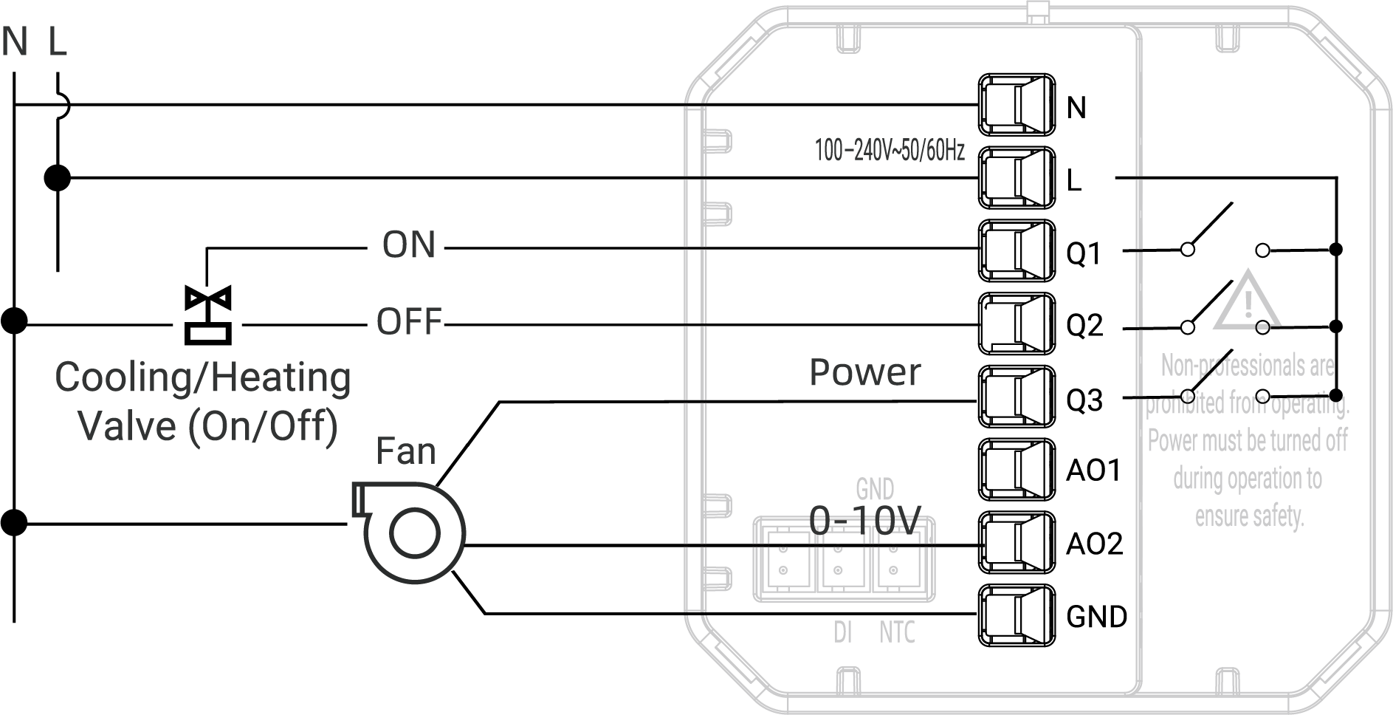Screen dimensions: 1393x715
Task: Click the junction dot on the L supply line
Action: click(58, 178)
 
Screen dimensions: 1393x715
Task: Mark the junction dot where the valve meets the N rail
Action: click(14, 321)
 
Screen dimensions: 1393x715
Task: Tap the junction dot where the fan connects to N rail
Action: click(14, 523)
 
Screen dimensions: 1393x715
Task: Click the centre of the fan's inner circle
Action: click(414, 534)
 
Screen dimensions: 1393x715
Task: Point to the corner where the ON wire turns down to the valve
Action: click(207, 248)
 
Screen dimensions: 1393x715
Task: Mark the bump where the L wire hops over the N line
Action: click(64, 106)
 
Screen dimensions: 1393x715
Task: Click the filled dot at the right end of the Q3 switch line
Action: click(1335, 395)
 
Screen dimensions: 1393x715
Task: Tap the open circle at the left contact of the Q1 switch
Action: click(1188, 250)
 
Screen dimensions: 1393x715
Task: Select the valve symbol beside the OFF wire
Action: click(208, 315)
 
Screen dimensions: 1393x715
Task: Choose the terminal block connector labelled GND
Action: click(1017, 615)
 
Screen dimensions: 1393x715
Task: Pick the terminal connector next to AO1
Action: click(1017, 470)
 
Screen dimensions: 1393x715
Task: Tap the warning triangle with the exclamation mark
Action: click(1248, 300)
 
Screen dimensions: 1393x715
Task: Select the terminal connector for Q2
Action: click(1017, 324)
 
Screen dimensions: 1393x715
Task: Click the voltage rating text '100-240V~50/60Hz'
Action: click(890, 151)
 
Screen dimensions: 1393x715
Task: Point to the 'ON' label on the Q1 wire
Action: click(409, 245)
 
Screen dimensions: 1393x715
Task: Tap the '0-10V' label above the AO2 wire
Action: click(865, 521)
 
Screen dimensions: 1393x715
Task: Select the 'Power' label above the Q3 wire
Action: click(865, 372)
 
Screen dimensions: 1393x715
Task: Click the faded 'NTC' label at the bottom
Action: click(897, 633)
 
